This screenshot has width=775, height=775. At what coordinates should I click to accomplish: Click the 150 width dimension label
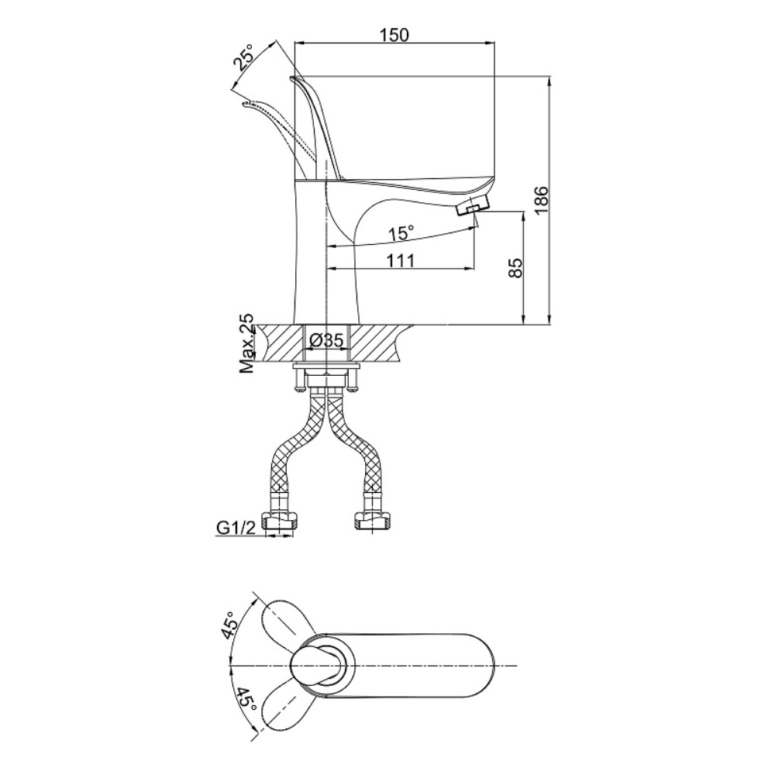[x=394, y=35]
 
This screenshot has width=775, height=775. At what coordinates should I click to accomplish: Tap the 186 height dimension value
[x=541, y=200]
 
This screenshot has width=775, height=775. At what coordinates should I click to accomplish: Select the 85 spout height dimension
[x=515, y=268]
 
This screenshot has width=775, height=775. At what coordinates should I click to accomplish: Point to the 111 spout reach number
[x=400, y=260]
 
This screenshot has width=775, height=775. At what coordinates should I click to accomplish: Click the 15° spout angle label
[x=401, y=232]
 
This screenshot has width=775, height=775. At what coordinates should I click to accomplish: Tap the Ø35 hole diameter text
[x=325, y=340]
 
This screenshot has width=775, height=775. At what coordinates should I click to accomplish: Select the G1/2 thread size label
[x=236, y=529]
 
